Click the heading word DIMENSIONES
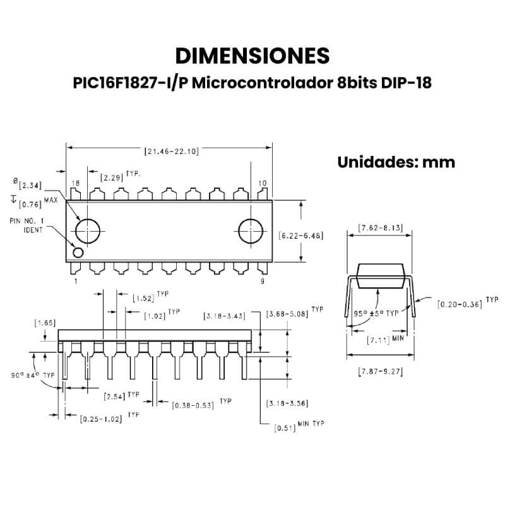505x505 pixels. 252,56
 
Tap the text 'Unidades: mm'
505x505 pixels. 396,162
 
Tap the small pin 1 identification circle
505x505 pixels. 78,252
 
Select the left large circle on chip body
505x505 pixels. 88,231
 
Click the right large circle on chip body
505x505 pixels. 251,231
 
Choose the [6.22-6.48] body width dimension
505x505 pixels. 301,235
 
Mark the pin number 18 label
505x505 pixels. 76,183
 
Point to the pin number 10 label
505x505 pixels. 263,183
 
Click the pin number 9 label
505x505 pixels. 263,281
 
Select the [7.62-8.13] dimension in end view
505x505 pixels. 381,227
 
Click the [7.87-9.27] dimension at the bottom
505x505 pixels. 381,371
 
